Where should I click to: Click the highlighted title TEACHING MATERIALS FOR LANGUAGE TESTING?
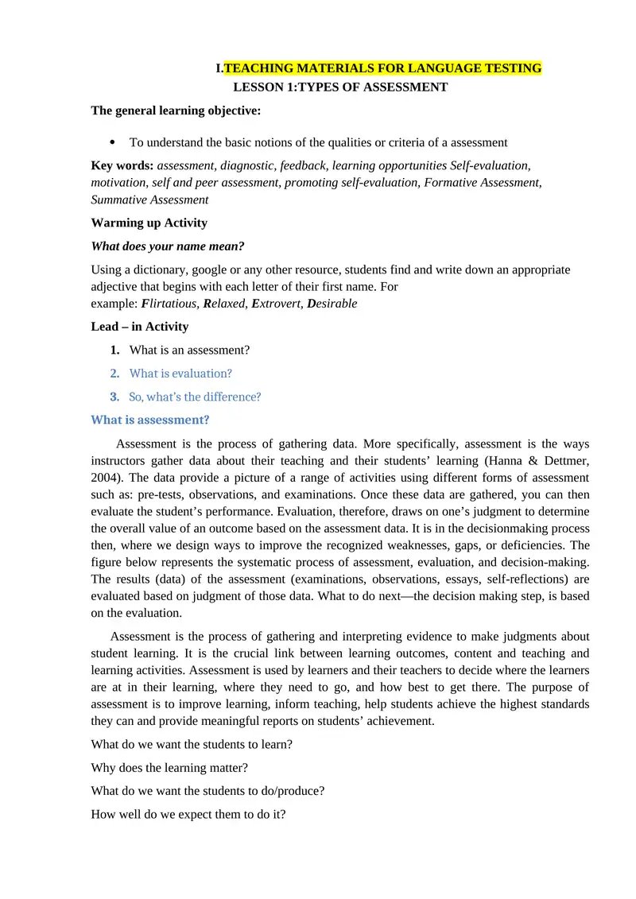(x=382, y=68)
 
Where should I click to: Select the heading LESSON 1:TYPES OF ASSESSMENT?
(x=340, y=87)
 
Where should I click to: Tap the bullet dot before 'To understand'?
(x=112, y=142)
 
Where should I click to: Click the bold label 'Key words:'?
(x=122, y=165)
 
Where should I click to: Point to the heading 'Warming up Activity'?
(x=149, y=223)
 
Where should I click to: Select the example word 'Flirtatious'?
(x=169, y=304)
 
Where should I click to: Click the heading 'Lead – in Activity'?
(x=140, y=326)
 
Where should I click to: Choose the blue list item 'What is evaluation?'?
(x=180, y=373)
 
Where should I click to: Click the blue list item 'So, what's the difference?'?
(x=195, y=397)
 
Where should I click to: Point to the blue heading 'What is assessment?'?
(x=150, y=420)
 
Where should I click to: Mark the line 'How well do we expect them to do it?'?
(x=188, y=815)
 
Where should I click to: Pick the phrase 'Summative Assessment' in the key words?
(x=150, y=200)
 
